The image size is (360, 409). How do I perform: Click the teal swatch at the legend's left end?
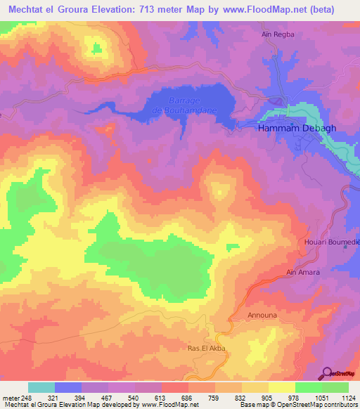pyautogui.click(x=41, y=387)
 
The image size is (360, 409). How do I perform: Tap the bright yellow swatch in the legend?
pyautogui.click(x=281, y=387)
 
